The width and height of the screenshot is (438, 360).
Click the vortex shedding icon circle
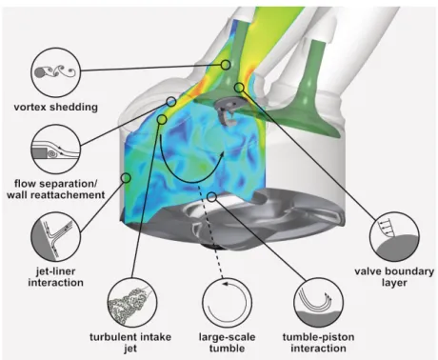[55, 72]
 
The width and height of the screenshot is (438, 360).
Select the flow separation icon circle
[55, 149]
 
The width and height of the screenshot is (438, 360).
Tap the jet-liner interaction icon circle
[55, 236]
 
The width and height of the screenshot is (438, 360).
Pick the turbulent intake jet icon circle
[132, 303]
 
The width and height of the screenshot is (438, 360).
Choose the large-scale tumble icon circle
[227, 303]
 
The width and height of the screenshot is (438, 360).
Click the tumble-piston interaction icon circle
[319, 303]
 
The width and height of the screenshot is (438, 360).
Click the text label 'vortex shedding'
[56, 107]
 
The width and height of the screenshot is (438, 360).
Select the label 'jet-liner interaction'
[55, 277]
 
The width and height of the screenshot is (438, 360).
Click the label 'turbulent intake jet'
[130, 342]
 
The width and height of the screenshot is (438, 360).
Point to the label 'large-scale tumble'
[227, 342]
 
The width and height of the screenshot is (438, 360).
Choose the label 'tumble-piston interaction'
[318, 342]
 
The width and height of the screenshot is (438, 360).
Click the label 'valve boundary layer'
[394, 277]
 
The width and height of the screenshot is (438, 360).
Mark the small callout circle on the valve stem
[226, 65]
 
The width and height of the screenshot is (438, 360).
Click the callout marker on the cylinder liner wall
[127, 178]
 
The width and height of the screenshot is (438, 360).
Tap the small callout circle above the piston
[212, 197]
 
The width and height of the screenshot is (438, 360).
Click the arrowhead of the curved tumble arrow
[221, 155]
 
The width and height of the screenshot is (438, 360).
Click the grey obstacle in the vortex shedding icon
[39, 73]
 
